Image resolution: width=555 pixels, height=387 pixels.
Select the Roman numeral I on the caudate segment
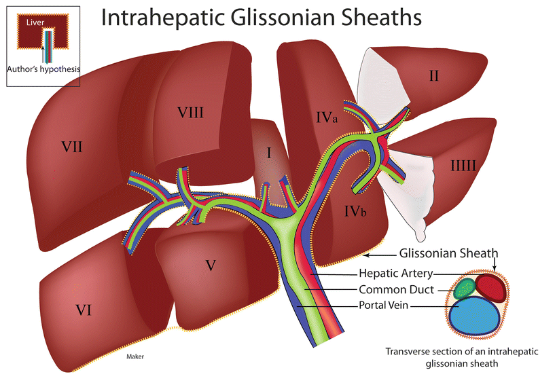click(268, 153)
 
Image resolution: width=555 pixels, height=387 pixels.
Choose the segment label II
click(433, 76)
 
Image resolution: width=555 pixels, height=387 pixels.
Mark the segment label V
click(211, 265)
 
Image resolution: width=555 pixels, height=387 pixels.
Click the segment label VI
click(84, 310)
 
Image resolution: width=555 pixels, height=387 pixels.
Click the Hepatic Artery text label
click(397, 274)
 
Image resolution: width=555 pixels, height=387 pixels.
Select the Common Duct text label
click(397, 290)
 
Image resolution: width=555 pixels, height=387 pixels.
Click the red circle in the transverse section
click(490, 288)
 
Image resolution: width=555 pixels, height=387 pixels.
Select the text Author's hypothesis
click(43, 69)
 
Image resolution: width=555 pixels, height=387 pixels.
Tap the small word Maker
click(136, 355)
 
